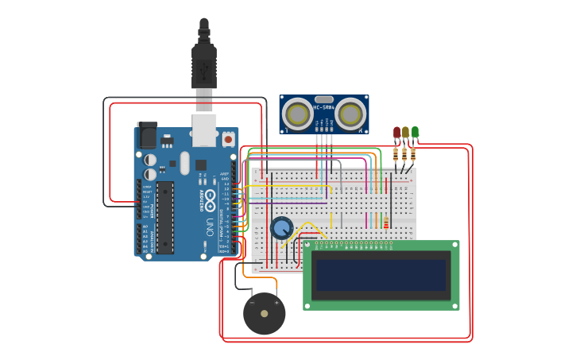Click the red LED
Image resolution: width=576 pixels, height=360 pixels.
pos(396,132)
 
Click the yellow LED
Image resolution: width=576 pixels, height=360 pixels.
pos(405,132)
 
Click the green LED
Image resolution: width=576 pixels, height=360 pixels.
pos(415,132)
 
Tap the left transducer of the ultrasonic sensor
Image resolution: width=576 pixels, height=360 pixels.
pos(298,114)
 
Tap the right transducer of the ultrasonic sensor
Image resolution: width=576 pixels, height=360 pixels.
pos(350,114)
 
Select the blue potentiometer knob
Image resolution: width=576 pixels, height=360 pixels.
pos(281,228)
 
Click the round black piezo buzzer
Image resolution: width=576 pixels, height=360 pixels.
pos(264,313)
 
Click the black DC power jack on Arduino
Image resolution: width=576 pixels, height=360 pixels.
pos(147,135)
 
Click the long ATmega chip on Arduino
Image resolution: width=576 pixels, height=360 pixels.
pos(165,217)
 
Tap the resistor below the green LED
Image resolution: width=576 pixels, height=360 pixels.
pos(412,154)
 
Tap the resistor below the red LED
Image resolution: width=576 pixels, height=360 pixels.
pos(395,154)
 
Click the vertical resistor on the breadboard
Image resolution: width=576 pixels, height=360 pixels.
pos(386,223)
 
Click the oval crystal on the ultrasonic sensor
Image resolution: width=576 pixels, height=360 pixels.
pos(324,100)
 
